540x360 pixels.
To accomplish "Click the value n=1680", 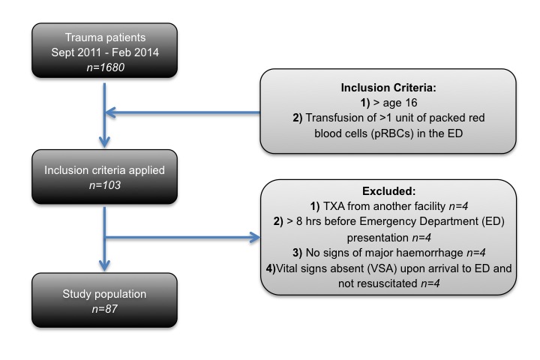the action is tap(106, 67).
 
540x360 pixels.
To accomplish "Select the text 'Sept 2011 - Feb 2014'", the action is tap(105, 52).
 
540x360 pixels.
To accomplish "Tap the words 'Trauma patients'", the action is tap(106, 37).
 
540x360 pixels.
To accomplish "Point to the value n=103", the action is tap(105, 185).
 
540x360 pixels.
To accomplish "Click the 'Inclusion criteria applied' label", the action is tap(104, 170).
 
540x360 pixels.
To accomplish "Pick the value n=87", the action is tap(105, 309).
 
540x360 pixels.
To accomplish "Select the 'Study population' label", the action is tap(104, 294).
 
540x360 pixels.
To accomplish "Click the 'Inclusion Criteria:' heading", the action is tap(388, 88).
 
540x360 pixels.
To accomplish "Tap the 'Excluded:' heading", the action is tap(388, 190).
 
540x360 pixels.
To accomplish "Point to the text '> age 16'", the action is tap(395, 103).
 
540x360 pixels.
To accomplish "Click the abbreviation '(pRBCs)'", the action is tap(392, 133).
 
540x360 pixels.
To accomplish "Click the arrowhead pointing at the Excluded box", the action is tap(255, 237).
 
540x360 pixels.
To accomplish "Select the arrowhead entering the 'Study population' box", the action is tap(104, 265).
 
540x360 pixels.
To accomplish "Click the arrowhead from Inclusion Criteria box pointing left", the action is tap(110, 112).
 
